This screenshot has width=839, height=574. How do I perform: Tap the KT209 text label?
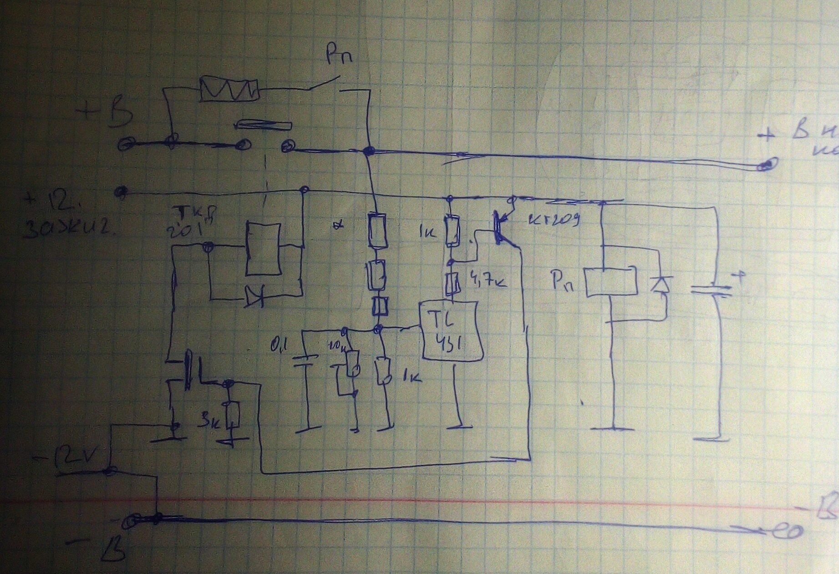pos(554,220)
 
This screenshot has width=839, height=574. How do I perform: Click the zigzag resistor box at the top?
pos(229,88)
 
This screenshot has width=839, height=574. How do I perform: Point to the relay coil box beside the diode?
pos(610,282)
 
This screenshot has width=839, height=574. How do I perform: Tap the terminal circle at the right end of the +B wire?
pos(767,165)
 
